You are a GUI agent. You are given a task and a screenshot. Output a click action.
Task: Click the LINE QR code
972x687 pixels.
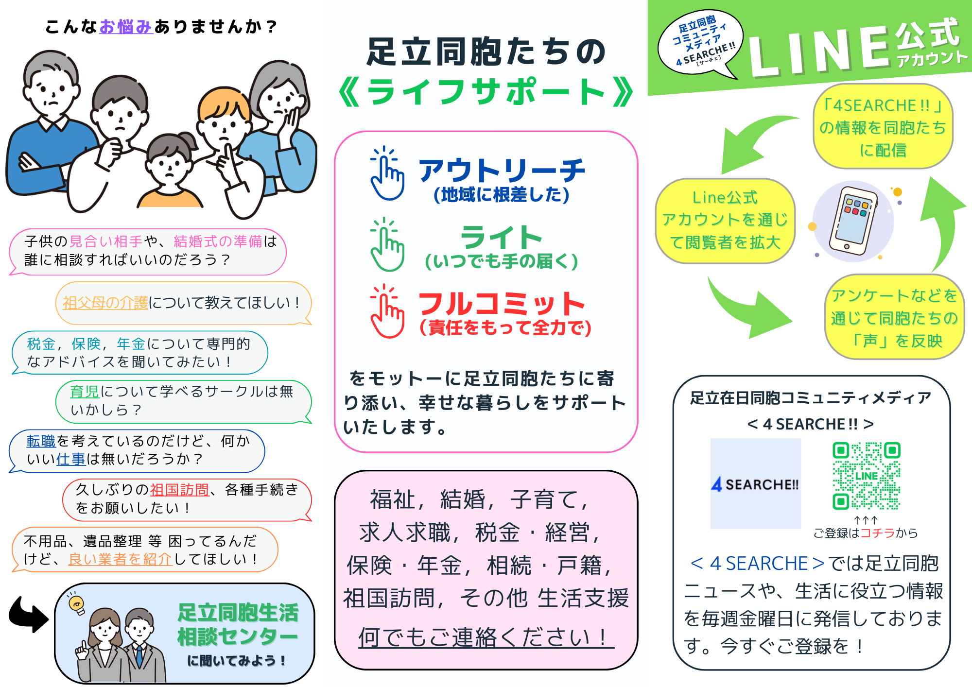tap(866, 476)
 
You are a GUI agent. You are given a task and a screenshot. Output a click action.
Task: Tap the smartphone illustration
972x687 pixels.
tap(853, 222)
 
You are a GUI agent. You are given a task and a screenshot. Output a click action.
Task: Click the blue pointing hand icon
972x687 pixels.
tap(387, 174)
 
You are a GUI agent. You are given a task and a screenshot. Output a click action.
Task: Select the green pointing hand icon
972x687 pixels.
tap(387, 245)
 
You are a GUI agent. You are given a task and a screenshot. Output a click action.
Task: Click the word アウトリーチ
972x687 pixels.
tap(502, 170)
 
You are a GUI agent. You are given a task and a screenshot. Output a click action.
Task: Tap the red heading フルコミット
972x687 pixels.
tap(502, 304)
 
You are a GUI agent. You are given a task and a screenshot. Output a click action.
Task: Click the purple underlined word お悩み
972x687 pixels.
tap(126, 27)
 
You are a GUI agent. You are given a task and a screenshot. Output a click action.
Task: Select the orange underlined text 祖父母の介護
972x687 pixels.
tap(105, 303)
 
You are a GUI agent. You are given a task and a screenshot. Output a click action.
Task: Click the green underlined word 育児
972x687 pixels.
tap(85, 392)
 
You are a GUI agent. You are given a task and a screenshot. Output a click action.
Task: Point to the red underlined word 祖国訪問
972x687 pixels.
tap(179, 490)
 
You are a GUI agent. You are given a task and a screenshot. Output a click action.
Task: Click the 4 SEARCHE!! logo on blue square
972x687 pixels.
tap(755, 484)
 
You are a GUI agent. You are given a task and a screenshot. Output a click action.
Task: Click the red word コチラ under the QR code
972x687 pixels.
tap(877, 533)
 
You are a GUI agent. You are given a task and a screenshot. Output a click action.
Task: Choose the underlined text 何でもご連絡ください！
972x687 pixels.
tap(486, 637)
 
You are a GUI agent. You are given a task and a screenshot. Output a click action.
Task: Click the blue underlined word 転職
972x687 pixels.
tap(41, 441)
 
